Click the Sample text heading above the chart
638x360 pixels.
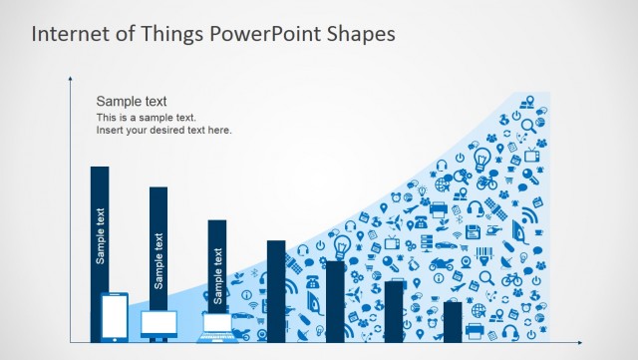[131, 102]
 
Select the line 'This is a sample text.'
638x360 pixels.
[147, 118]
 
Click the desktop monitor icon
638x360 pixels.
[159, 324]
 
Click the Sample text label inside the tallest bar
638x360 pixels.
[100, 235]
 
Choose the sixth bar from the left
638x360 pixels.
[394, 311]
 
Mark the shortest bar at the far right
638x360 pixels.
[453, 321]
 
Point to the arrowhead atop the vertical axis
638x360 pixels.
[71, 78]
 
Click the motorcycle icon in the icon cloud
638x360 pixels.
[441, 265]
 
